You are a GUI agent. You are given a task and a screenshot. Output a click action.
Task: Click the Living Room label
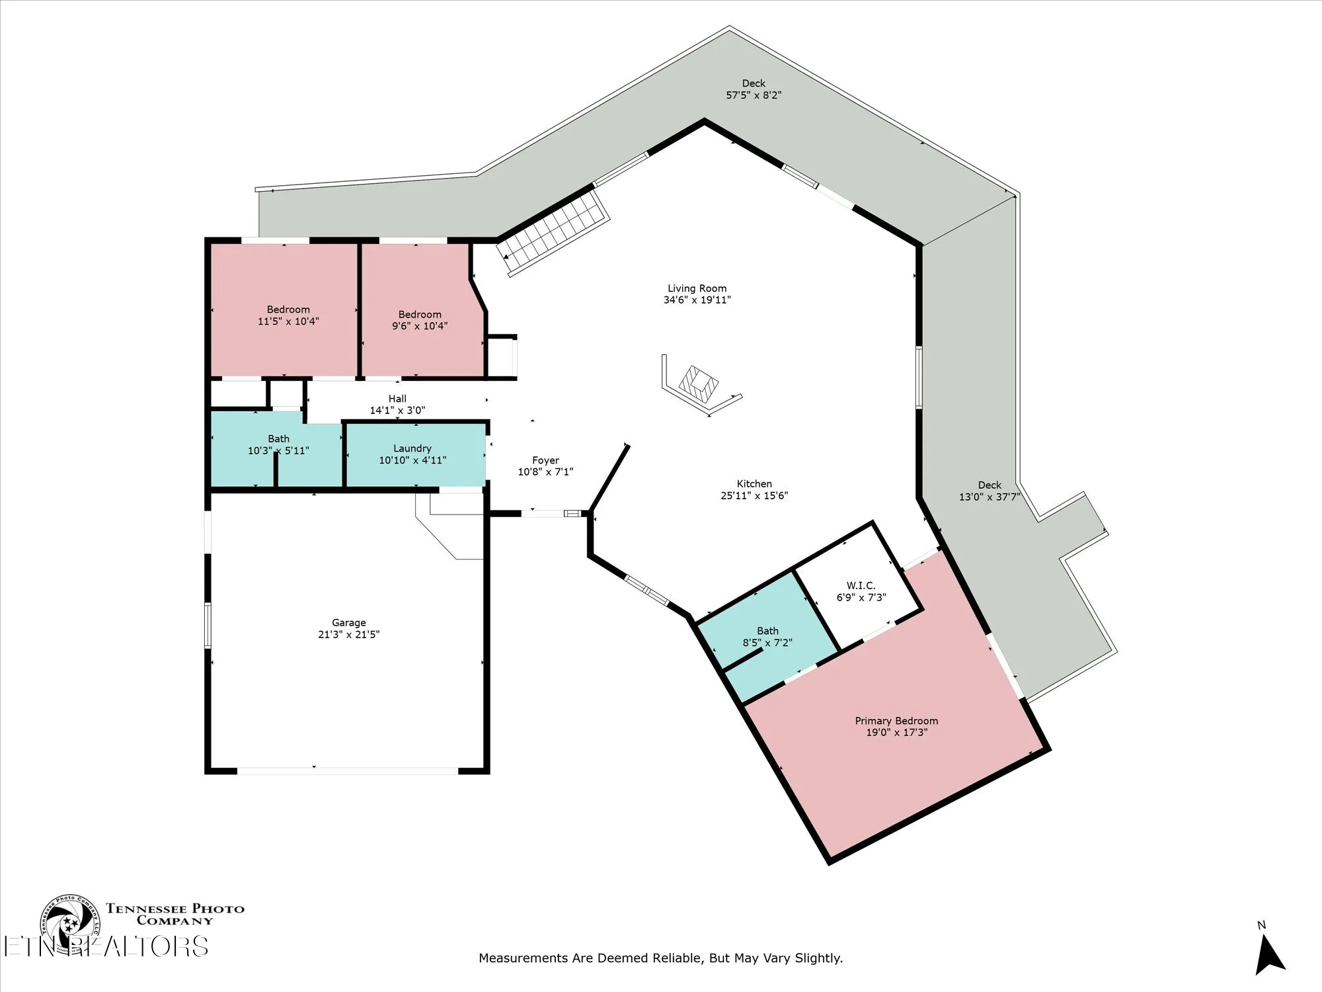click(697, 288)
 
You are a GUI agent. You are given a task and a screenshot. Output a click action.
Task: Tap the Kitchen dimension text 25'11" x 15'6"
click(754, 495)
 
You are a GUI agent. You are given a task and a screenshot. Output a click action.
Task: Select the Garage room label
click(348, 622)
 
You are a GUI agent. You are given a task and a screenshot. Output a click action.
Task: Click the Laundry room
click(412, 454)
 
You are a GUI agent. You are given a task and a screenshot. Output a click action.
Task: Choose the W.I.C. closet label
click(861, 585)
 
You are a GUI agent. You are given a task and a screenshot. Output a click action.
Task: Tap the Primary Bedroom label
click(896, 721)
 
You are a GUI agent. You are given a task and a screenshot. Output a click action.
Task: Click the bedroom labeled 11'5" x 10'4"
click(288, 315)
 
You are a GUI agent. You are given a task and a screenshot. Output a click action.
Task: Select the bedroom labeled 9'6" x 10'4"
click(419, 319)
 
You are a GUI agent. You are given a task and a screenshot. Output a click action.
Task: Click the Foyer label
click(545, 460)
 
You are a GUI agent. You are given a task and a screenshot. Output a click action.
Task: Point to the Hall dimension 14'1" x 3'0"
click(397, 410)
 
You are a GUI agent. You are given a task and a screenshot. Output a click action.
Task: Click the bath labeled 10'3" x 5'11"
click(278, 444)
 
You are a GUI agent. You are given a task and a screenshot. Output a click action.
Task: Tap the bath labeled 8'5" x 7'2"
click(767, 636)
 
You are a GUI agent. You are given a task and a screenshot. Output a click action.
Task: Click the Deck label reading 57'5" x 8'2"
click(753, 89)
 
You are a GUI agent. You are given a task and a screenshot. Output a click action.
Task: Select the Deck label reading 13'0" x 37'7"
click(989, 491)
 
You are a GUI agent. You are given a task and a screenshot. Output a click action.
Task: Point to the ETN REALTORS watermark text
click(106, 947)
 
